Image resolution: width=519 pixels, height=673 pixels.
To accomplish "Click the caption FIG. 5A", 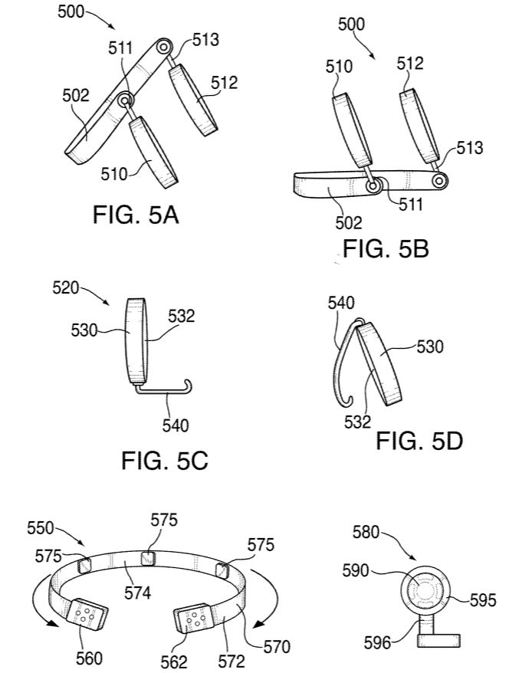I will [x=136, y=215].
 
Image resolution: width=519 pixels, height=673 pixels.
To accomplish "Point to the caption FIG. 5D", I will [x=419, y=442].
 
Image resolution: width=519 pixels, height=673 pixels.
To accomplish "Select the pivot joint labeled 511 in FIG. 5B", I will [x=374, y=186].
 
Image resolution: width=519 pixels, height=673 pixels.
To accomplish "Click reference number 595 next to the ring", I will [x=484, y=600].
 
